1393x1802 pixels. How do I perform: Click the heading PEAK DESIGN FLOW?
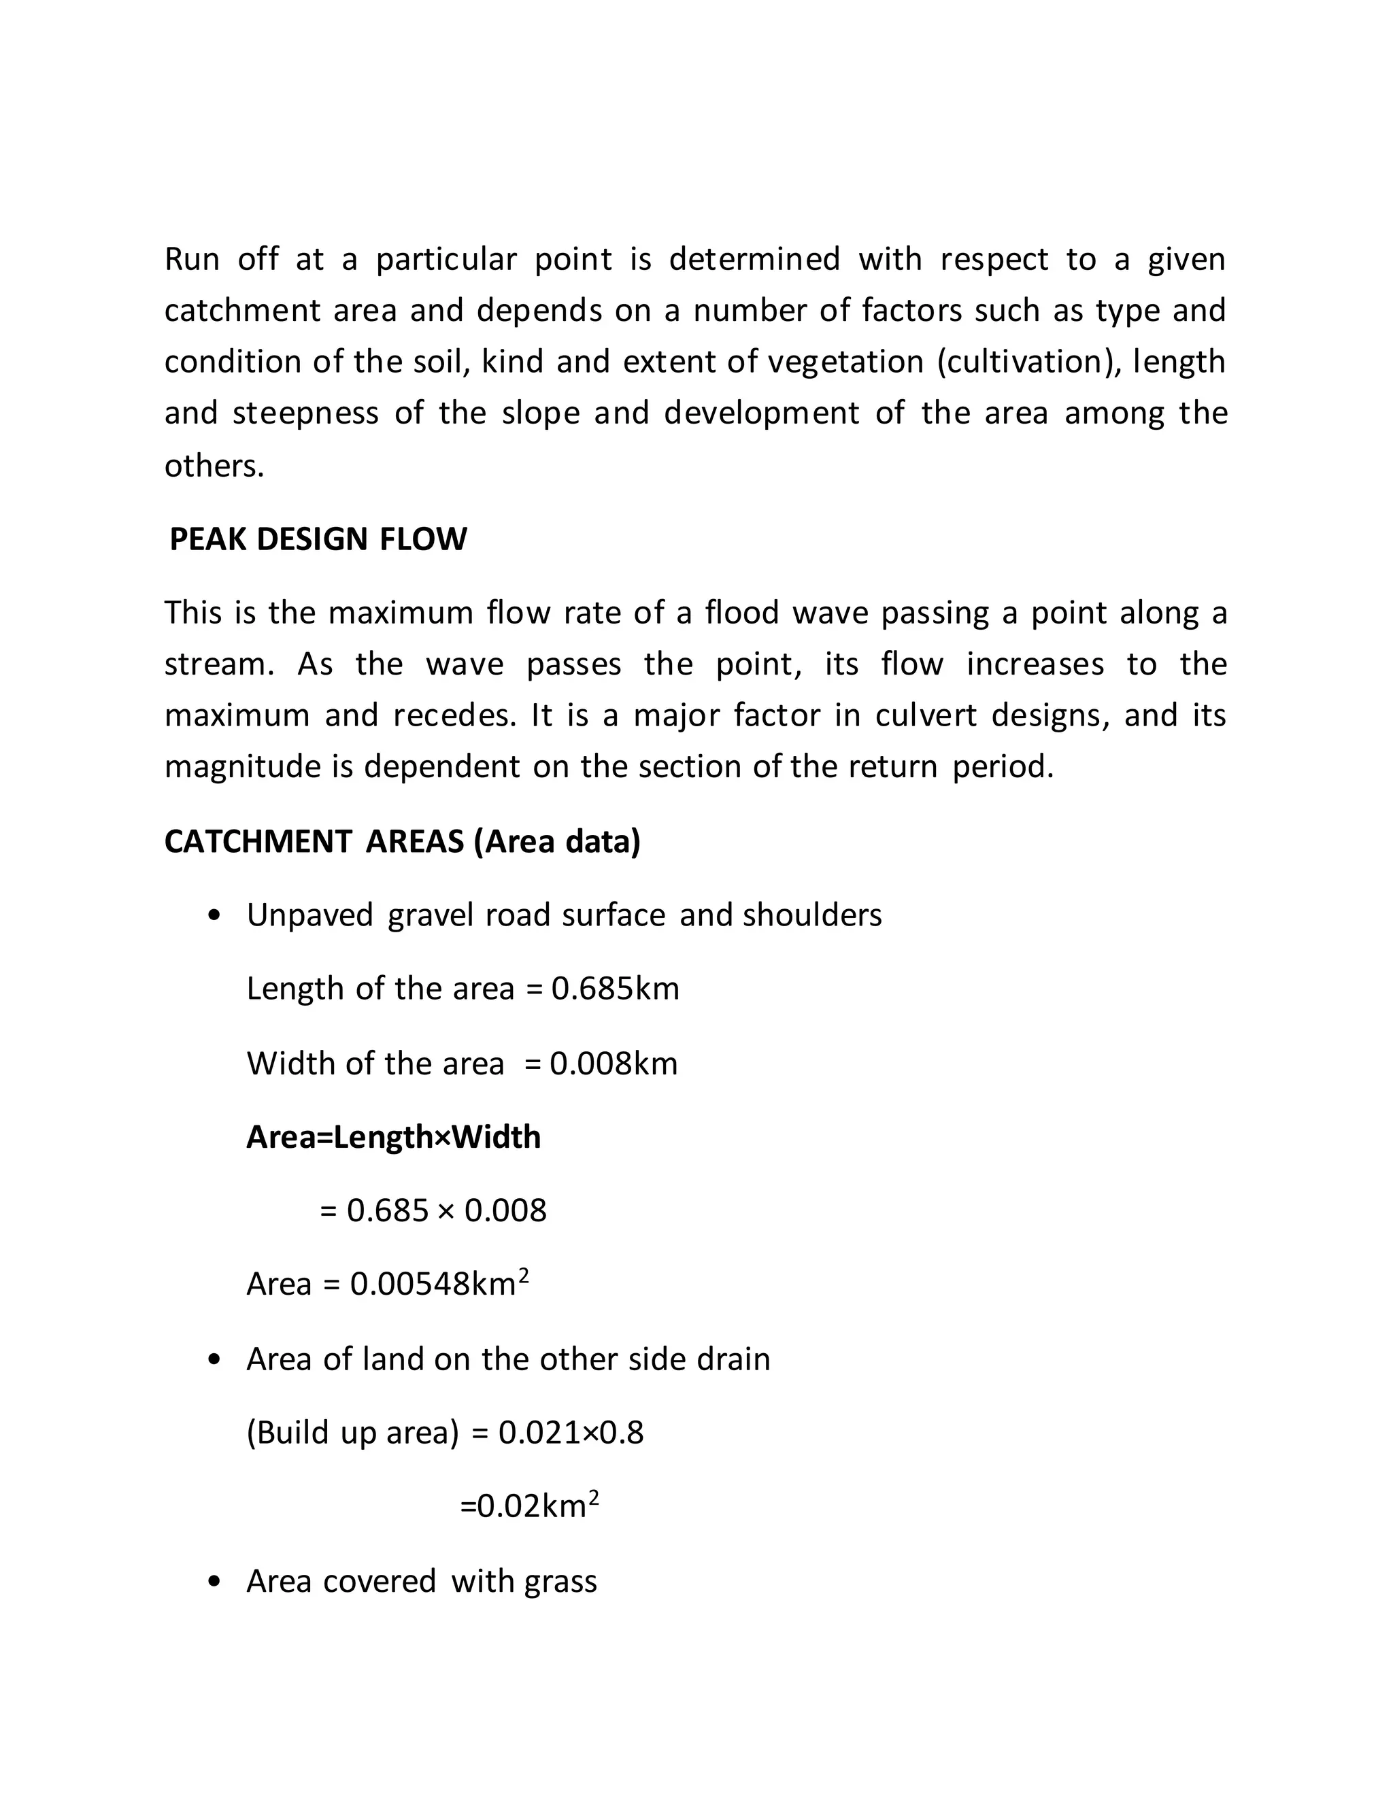[x=318, y=540]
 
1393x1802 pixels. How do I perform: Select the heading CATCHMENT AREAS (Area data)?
[x=402, y=842]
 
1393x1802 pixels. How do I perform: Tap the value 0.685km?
[x=615, y=989]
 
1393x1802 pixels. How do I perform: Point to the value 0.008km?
[x=613, y=1064]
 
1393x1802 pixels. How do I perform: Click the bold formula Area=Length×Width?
[x=394, y=1137]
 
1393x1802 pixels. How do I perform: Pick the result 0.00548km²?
[x=439, y=1284]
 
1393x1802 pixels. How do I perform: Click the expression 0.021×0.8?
[x=571, y=1432]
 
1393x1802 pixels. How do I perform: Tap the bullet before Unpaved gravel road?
[x=216, y=916]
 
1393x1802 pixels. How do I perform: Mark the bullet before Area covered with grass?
[x=216, y=1582]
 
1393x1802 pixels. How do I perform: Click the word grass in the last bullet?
[x=560, y=1582]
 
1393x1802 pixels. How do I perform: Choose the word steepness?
[x=305, y=413]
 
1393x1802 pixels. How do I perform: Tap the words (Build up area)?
[x=352, y=1432]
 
